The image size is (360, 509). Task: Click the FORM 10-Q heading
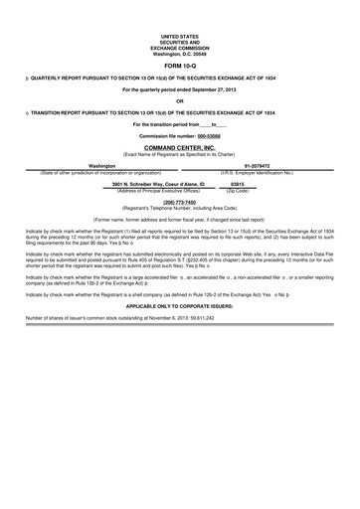click(x=179, y=63)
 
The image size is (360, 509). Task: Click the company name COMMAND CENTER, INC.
click(x=179, y=146)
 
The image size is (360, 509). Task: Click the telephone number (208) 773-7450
click(x=179, y=202)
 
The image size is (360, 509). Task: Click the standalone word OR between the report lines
click(x=179, y=101)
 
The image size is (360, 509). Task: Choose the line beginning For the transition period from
click(x=179, y=123)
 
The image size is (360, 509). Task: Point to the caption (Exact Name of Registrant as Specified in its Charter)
click(x=179, y=153)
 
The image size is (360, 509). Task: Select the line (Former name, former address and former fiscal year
click(x=179, y=218)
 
